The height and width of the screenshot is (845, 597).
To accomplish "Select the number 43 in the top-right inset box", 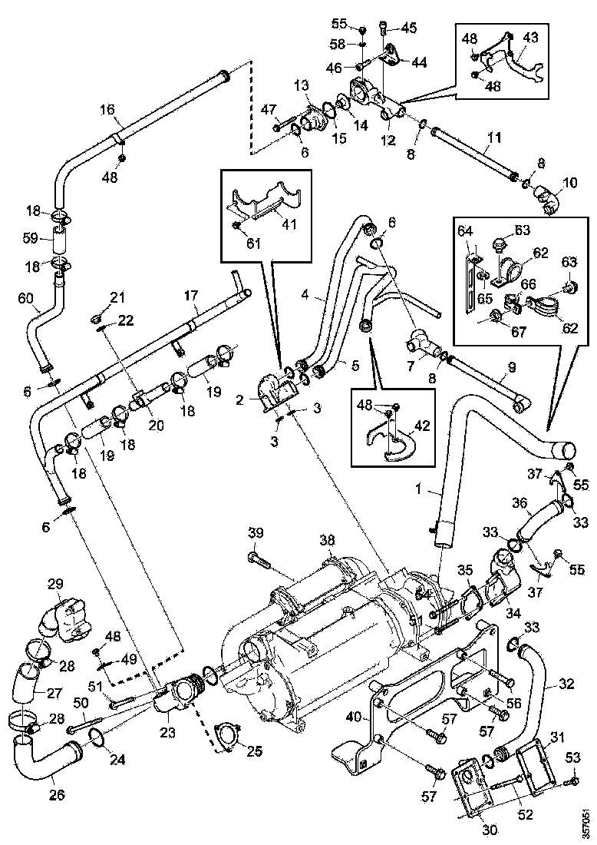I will point(530,35).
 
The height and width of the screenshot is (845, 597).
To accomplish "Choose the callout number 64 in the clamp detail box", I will point(466,230).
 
